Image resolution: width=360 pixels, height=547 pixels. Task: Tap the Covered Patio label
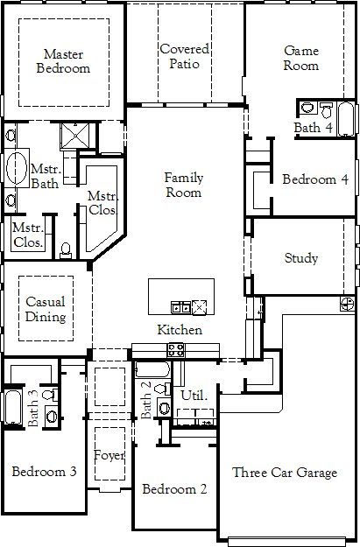(x=184, y=57)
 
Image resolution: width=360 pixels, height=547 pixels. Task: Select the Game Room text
(x=300, y=58)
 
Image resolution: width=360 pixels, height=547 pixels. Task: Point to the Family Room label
(x=184, y=185)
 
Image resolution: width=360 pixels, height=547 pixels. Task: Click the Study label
(x=301, y=258)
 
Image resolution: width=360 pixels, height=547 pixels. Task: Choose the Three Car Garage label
(x=285, y=473)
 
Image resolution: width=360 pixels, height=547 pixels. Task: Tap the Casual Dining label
(x=45, y=309)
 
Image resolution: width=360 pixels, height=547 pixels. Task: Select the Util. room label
(x=194, y=396)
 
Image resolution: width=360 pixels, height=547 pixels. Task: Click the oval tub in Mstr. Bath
(x=17, y=168)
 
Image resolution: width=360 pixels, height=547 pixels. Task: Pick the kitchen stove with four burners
(x=175, y=351)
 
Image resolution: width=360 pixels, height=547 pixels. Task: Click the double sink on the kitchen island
(x=181, y=307)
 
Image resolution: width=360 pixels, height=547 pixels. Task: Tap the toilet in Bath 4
(x=307, y=108)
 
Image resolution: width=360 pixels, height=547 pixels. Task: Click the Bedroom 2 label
(x=174, y=488)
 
